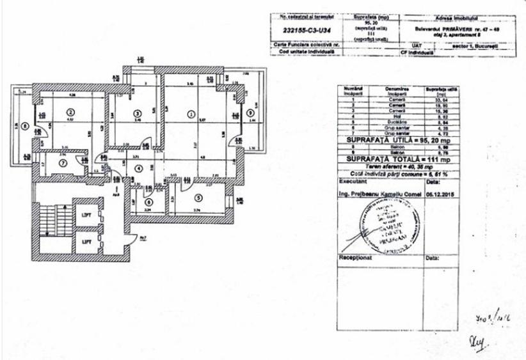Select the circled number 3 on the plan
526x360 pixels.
pyautogui.click(x=136, y=113)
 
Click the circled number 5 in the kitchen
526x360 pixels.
pyautogui.click(x=199, y=198)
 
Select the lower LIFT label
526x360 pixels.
pyautogui.click(x=86, y=242)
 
